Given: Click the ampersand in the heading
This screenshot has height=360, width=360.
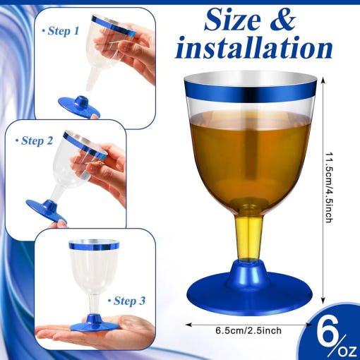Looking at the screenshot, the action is coord(282,20).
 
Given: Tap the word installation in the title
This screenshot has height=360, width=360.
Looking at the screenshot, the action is coord(254,48).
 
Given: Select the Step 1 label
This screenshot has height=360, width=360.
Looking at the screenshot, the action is coord(61,31).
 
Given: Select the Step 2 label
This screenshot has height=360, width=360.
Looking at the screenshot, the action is coord(34,140).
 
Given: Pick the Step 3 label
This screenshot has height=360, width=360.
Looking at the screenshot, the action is coord(126,301).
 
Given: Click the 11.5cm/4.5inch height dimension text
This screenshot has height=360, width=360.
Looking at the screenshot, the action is coord(329,188).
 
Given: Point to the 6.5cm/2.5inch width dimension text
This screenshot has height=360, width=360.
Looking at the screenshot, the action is coord(248,330).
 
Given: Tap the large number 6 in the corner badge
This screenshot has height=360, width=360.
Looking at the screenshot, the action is coord(328,330).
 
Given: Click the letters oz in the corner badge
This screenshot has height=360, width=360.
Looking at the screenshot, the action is coord(347,352).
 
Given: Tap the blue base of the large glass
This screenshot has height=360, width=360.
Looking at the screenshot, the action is coord(250,289).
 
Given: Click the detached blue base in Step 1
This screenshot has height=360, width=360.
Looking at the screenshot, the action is coord(79,107).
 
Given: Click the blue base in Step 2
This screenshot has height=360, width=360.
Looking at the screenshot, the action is coord(47,210).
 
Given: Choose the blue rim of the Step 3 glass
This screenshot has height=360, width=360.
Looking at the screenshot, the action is coord(94,246).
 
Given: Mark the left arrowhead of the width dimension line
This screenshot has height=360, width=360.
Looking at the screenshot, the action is coord(188,325).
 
